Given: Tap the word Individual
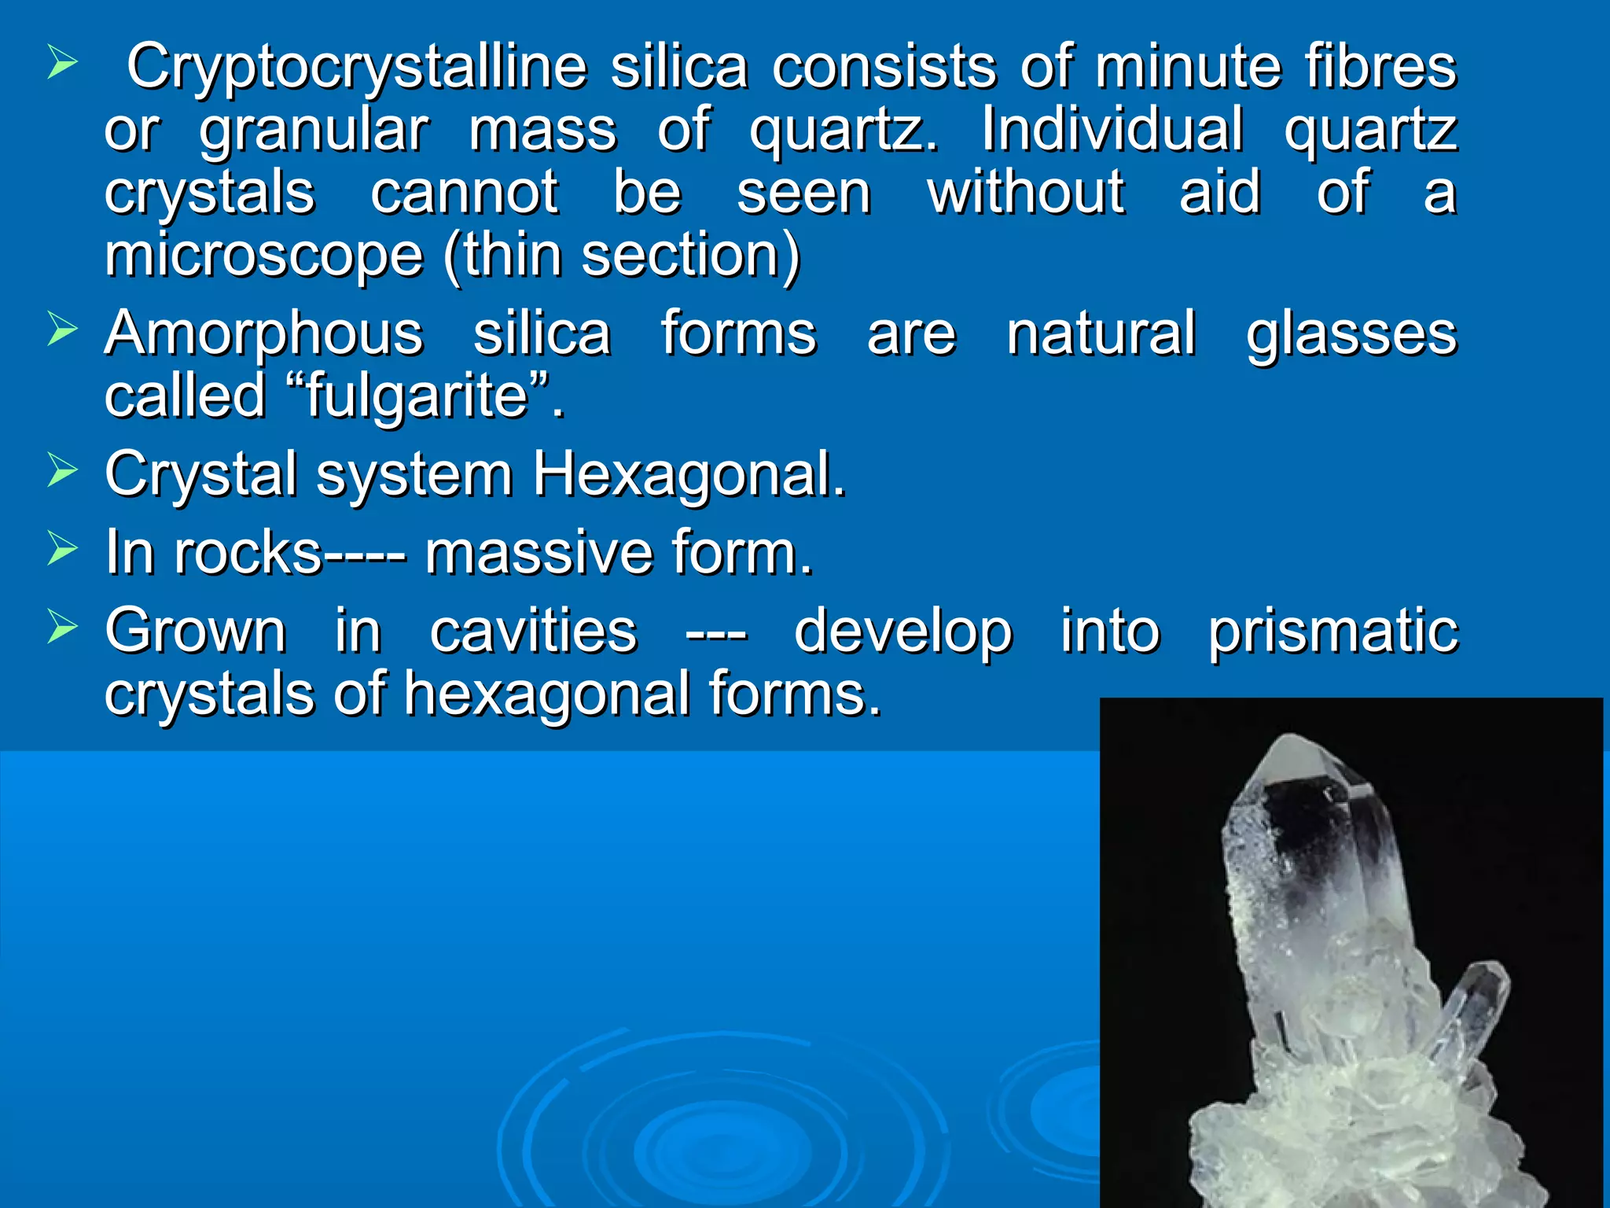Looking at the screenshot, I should coord(1112,130).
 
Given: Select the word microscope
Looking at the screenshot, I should coord(264,256).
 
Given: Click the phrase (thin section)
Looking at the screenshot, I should coord(621,256).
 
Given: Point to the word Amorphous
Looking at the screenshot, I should coord(264,334).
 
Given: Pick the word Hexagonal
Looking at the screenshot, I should coord(689,474).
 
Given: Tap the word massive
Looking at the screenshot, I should coord(539,553).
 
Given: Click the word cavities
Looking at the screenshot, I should coord(533,632).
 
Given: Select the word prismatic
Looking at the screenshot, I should coord(1333,632).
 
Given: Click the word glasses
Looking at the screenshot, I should coord(1351,334).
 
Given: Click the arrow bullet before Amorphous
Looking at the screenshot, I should coord(62,328).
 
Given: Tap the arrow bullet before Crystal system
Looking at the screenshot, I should coord(62,470).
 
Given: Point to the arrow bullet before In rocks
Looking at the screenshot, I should coord(62,548).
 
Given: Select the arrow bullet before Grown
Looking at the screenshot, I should coord(62,627).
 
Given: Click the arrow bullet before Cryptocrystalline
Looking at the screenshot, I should coord(62,62).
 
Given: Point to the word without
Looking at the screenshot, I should coord(1026,193).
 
